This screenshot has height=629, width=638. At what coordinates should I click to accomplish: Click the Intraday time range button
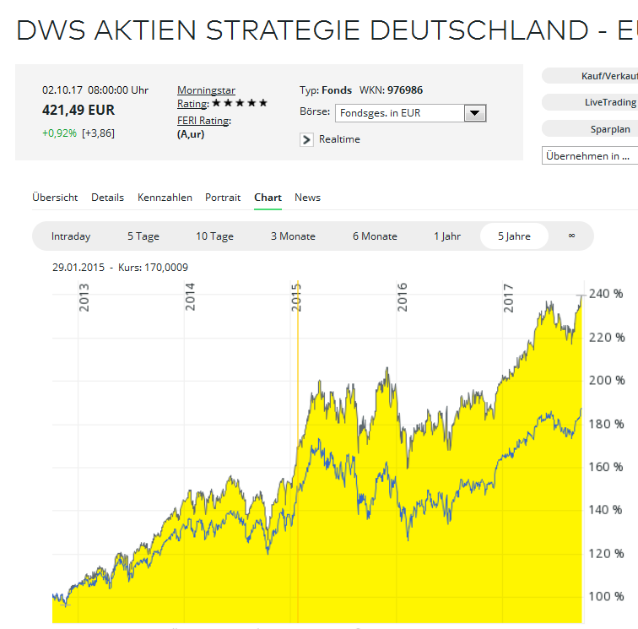point(71,236)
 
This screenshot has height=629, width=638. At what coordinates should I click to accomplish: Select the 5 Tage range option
point(143,236)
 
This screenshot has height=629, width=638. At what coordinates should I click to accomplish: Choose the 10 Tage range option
point(214,236)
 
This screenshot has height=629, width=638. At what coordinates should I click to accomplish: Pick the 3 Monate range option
point(293,236)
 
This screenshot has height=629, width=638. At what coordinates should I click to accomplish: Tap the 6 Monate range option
point(375,236)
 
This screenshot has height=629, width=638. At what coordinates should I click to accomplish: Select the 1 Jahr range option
point(447,236)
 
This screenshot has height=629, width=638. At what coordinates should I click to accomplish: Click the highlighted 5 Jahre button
point(514,236)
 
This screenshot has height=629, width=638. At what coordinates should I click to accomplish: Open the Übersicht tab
point(55,198)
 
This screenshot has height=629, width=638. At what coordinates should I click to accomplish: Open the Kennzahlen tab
point(165,198)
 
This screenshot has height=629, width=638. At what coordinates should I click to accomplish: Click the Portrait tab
point(223,198)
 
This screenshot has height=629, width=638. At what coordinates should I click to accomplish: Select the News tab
point(307,198)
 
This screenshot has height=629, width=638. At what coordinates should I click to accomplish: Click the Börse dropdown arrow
point(474,113)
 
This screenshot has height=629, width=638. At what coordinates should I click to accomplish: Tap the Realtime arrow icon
point(306,139)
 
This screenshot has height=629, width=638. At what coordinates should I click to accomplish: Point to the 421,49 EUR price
point(78,110)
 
